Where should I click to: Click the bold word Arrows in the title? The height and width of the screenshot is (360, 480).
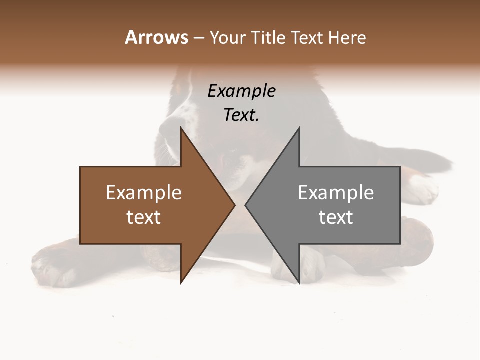pos(157,37)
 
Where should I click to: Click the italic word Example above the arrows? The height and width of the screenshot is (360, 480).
pos(241,91)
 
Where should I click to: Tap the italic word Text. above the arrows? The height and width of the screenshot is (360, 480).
pos(241,115)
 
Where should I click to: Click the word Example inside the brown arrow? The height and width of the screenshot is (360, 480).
pos(144,192)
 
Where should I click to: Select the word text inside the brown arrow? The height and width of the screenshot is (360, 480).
pos(144,217)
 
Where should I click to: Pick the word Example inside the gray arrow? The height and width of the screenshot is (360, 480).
pos(336,192)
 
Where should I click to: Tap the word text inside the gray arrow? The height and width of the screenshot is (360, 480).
pos(336,217)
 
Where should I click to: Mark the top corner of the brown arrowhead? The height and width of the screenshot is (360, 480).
pos(181,128)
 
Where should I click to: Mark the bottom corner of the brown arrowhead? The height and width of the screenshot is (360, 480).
pos(181,282)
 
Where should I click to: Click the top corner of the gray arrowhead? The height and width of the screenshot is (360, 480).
pos(299,128)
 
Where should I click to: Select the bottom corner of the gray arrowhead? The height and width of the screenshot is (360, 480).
pos(299,282)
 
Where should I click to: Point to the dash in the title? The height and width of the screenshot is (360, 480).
pos(198,38)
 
